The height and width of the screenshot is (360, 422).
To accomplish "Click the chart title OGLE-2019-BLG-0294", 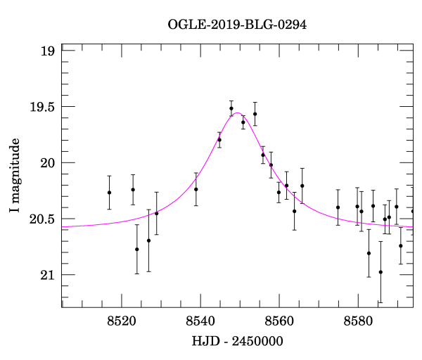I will pyautogui.click(x=238, y=24).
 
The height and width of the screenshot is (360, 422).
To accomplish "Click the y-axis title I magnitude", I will pyautogui.click(x=15, y=176).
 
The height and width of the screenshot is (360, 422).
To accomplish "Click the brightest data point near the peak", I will pyautogui.click(x=231, y=108).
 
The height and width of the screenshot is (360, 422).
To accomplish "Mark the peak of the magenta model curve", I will pyautogui.click(x=238, y=112).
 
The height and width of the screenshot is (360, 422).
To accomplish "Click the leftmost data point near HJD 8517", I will pyautogui.click(x=109, y=193).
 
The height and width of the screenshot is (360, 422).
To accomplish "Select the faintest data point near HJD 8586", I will pyautogui.click(x=381, y=272).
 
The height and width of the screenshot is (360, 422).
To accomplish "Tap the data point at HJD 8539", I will pyautogui.click(x=196, y=189).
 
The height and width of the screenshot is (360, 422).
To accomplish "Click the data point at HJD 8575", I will pyautogui.click(x=338, y=207).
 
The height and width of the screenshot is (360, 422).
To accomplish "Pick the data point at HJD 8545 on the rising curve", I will pyautogui.click(x=219, y=140).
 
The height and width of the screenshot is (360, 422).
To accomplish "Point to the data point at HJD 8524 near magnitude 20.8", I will pyautogui.click(x=137, y=250).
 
